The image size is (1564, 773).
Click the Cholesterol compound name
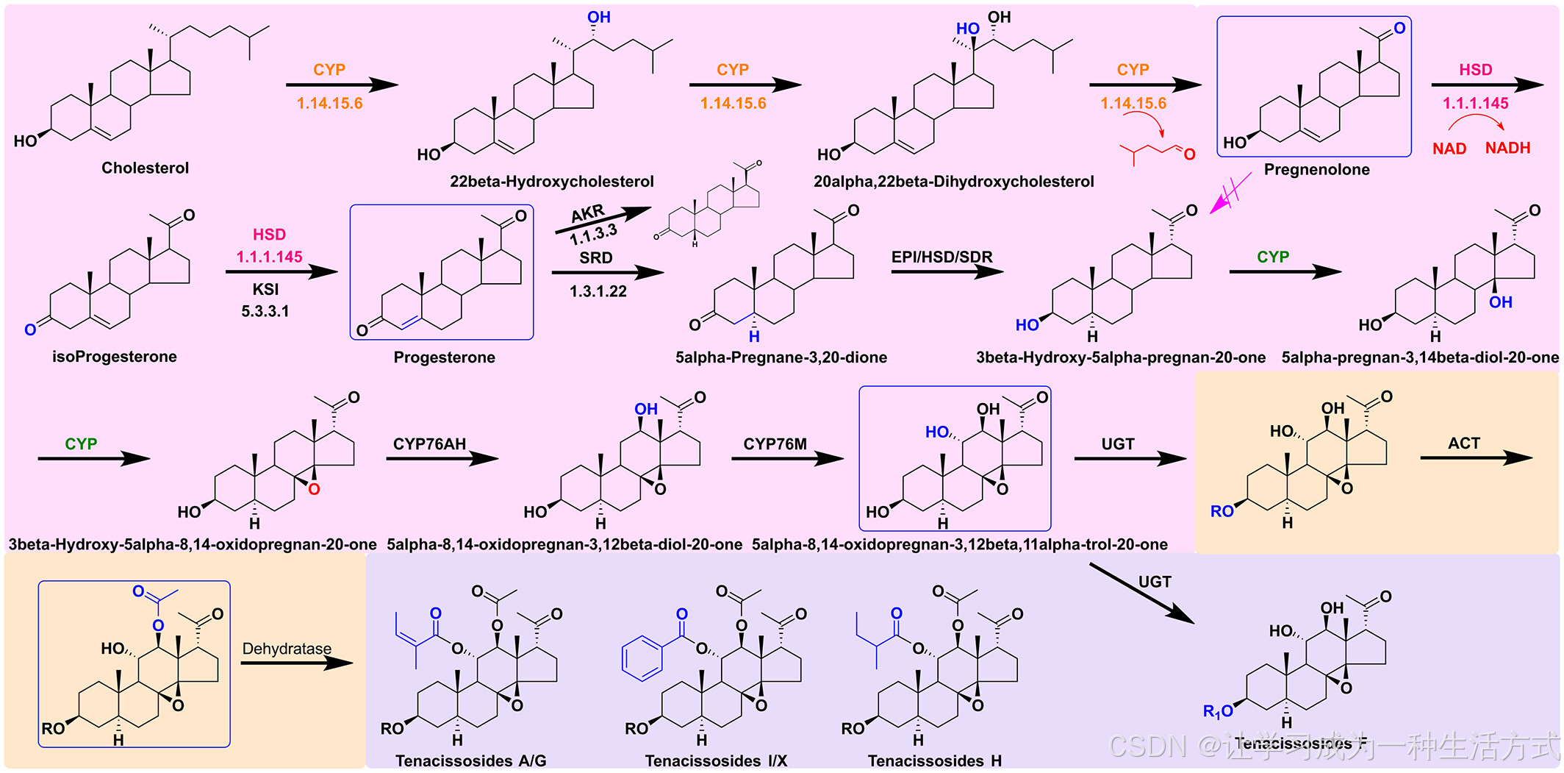point(145,168)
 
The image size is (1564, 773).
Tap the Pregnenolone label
point(1316,169)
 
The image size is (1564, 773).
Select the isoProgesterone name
point(114,357)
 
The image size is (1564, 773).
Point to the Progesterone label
point(444,357)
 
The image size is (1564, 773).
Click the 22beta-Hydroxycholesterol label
point(551,182)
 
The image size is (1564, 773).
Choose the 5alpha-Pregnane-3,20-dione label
point(781,357)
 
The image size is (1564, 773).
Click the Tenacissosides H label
point(934,760)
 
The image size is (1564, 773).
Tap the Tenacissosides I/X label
point(716,760)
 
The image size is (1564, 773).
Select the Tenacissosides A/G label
point(470,760)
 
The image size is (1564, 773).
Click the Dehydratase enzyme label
point(287,649)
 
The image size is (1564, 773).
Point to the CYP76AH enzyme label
point(429,444)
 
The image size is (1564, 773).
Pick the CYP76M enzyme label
point(775,444)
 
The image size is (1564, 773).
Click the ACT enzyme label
point(1463,443)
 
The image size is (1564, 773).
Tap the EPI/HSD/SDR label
point(941,257)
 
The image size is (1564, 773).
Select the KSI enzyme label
point(265,289)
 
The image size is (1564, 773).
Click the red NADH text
point(1507,148)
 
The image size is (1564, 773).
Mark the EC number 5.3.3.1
point(265,311)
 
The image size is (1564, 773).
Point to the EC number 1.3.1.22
point(598,291)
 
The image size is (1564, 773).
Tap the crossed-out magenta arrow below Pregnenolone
point(1230,193)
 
